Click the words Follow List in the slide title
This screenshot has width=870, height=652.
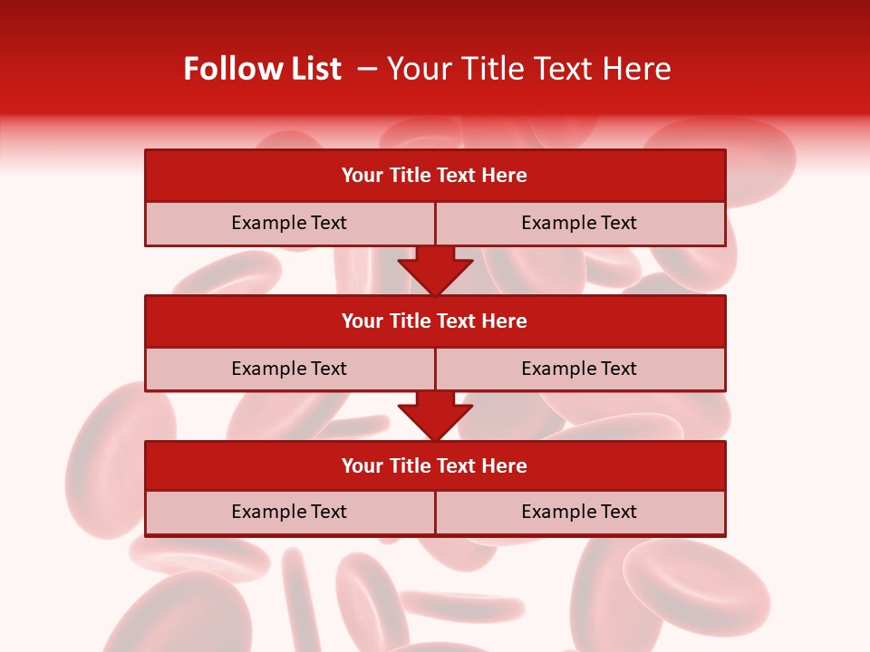[x=262, y=69]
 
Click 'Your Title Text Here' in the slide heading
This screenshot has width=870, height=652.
[x=528, y=69]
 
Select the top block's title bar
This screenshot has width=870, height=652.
[x=435, y=176]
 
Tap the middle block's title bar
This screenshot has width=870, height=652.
[x=435, y=321]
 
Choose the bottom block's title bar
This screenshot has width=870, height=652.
[x=435, y=465]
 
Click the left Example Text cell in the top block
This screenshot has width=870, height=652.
[x=289, y=223]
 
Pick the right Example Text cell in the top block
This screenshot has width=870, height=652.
[x=579, y=223]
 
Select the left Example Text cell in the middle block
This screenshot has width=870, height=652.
[x=289, y=369]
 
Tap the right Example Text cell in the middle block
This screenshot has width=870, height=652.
[x=579, y=369]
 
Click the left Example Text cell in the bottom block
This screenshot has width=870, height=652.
[x=289, y=512]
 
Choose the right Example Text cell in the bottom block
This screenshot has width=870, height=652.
[x=579, y=512]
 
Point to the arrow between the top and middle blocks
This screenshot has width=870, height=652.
[x=435, y=271]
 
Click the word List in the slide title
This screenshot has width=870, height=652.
[x=311, y=69]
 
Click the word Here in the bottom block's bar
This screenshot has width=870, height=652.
[x=505, y=465]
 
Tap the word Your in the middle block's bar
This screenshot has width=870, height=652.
[x=362, y=321]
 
